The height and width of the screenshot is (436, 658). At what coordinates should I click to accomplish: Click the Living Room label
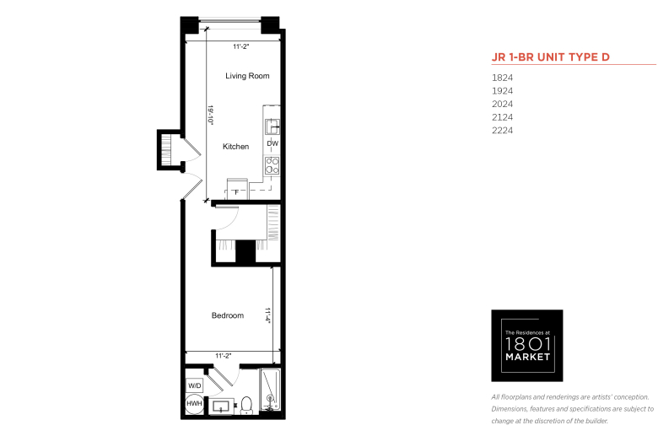tap(247, 76)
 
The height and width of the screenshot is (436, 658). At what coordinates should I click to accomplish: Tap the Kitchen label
tap(235, 147)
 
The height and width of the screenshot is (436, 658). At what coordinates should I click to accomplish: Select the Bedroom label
tap(228, 315)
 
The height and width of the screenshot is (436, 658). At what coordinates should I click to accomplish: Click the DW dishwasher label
tap(272, 143)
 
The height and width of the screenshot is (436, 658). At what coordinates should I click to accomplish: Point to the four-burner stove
tap(272, 165)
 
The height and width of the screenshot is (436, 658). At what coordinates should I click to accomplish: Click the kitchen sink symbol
tap(272, 126)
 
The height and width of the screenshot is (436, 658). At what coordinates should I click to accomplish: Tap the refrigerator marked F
tap(237, 189)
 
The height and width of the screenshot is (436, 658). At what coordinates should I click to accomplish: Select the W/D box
tap(194, 385)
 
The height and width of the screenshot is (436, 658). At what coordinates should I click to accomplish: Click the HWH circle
tap(194, 404)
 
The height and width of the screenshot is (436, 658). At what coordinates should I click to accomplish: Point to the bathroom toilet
tap(246, 406)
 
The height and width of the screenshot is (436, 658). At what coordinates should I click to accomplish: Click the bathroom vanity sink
tap(221, 406)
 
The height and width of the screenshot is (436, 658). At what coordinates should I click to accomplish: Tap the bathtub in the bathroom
tap(270, 390)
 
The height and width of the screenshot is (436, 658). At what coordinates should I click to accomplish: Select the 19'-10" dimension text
tap(211, 116)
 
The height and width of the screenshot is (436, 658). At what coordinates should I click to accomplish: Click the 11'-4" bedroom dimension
tap(267, 315)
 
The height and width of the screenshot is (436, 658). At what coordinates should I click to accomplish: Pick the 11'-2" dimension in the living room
tap(241, 46)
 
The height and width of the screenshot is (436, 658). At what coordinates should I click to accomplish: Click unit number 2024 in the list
tap(502, 104)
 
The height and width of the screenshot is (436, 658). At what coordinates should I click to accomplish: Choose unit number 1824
tap(502, 78)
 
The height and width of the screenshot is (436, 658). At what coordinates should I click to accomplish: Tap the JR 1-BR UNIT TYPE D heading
tap(551, 57)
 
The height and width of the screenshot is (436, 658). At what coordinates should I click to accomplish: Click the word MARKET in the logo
tap(527, 357)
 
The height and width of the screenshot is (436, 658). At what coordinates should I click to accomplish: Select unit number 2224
tap(502, 131)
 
